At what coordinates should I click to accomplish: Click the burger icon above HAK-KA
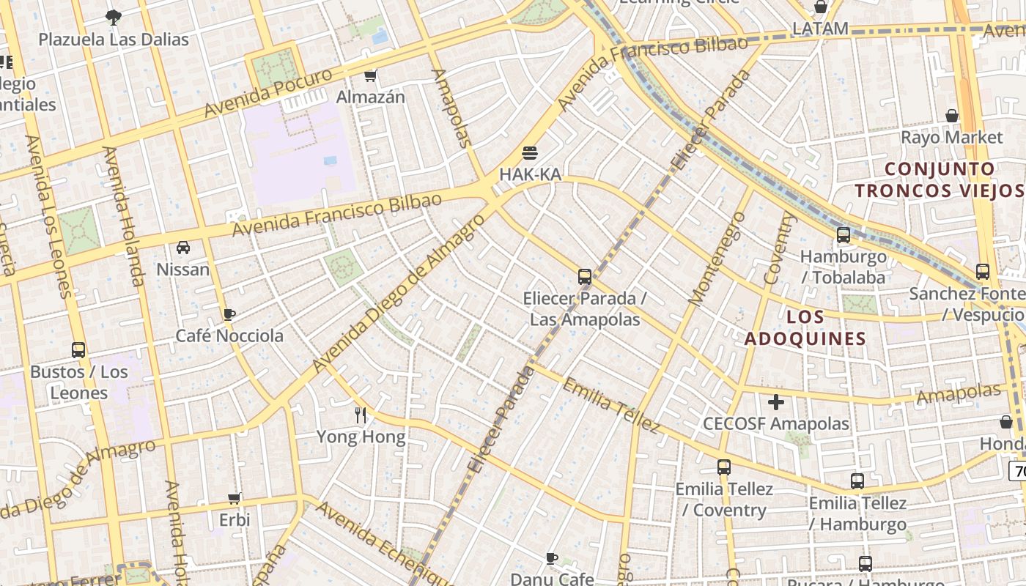[x=530, y=152]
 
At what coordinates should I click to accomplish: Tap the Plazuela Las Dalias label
[x=114, y=39]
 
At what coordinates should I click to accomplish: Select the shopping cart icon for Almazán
[x=371, y=75]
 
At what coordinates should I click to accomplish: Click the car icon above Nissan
[x=183, y=248]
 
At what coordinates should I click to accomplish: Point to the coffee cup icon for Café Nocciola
[x=229, y=314]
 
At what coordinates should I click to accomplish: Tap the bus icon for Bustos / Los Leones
[x=78, y=350]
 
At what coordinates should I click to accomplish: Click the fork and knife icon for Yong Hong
[x=361, y=415]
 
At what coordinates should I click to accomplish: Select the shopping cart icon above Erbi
[x=235, y=498]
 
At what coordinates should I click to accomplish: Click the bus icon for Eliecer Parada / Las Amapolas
[x=585, y=277]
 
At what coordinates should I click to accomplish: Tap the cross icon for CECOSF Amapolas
[x=776, y=401]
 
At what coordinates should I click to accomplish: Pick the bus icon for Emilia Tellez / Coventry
[x=724, y=467]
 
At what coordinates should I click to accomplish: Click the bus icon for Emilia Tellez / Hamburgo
[x=857, y=481]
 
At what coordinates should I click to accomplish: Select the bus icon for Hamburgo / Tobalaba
[x=844, y=235]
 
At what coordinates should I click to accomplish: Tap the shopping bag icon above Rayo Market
[x=951, y=116]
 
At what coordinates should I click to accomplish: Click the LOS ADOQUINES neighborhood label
[x=805, y=327]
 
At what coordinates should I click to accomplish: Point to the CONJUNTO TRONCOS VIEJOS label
[x=940, y=179]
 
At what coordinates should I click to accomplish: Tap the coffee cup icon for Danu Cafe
[x=552, y=559]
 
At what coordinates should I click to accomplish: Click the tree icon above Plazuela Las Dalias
[x=114, y=16]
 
